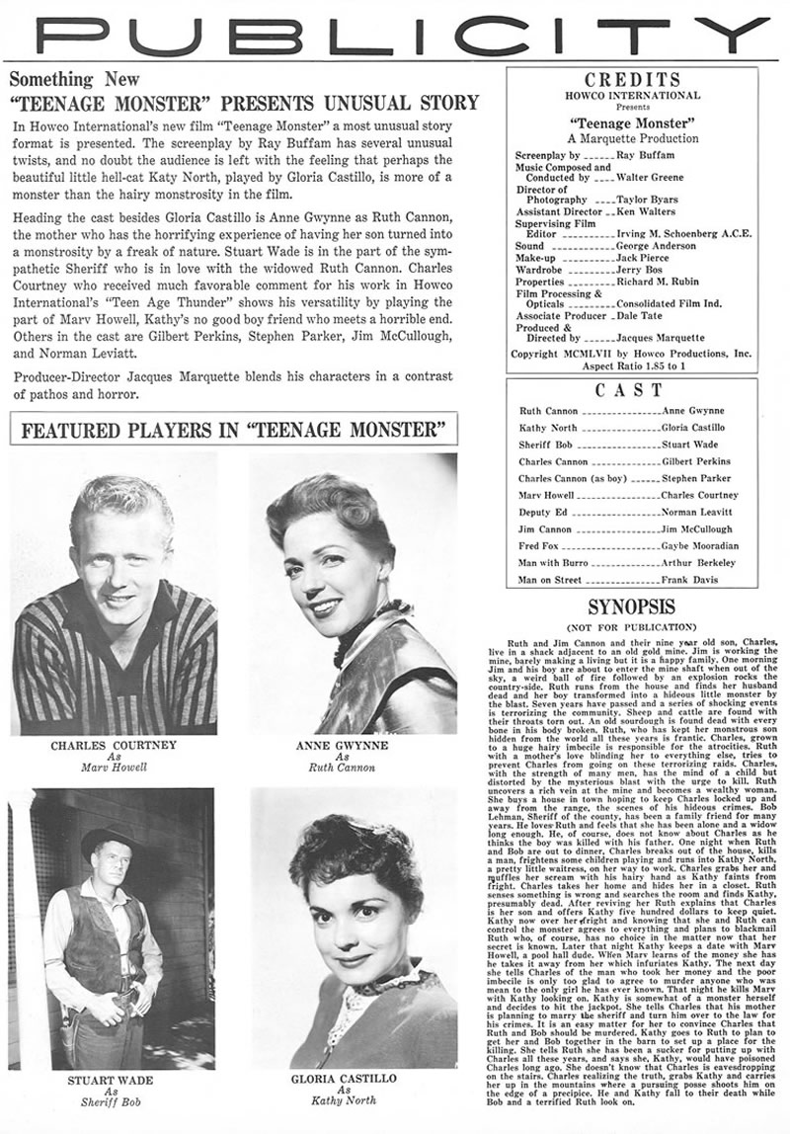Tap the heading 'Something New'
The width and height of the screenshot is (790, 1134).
pos(75,80)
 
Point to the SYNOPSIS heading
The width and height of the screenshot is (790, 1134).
pos(633,607)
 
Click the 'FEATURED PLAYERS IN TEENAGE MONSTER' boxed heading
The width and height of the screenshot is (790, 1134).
pos(233,431)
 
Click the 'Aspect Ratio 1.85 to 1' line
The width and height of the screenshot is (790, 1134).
pos(646,364)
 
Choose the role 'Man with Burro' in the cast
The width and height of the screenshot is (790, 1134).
pos(553,562)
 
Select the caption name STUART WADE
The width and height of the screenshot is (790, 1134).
pos(111,1081)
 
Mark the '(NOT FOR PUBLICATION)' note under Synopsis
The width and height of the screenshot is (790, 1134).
pos(632,627)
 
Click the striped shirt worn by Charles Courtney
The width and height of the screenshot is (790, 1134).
pos(114,672)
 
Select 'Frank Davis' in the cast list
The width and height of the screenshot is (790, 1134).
pos(688,579)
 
